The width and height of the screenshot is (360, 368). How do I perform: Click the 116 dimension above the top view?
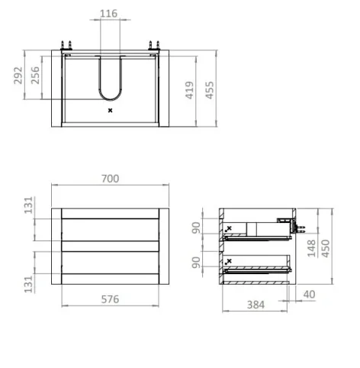point(108,14)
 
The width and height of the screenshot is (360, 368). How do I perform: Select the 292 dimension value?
point(18,76)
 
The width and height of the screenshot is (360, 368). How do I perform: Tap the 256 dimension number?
point(35,76)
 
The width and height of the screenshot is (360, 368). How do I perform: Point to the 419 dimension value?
point(189,90)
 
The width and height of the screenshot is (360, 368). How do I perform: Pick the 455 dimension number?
point(210,90)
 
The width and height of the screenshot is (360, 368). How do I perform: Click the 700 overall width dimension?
point(110,179)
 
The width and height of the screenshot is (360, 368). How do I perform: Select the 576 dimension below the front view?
point(110,299)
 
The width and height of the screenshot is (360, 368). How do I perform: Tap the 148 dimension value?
point(311,248)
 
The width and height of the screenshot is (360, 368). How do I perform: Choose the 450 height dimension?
point(326,248)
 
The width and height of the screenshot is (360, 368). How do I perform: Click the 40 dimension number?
point(309,295)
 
